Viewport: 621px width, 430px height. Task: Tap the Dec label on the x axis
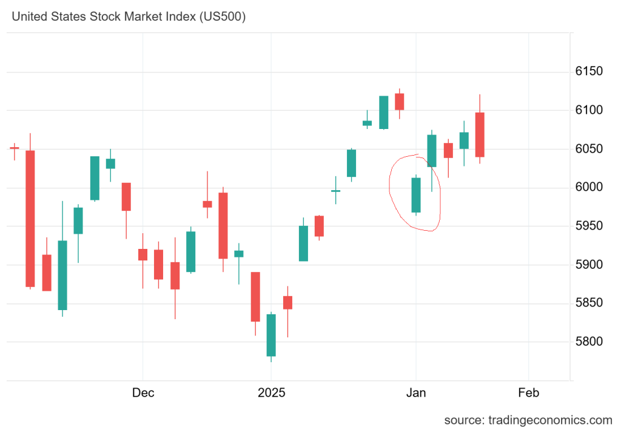tap(143, 393)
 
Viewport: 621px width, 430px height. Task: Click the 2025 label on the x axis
tap(272, 393)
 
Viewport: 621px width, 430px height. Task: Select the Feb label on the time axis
tap(528, 393)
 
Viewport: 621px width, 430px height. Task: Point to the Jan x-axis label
tap(416, 393)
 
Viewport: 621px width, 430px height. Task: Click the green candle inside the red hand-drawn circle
tap(416, 195)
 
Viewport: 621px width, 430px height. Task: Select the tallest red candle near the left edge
tap(30, 218)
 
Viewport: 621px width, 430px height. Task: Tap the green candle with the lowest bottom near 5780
tap(271, 335)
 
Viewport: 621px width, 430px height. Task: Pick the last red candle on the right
tap(480, 134)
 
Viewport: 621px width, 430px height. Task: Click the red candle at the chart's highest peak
tap(400, 101)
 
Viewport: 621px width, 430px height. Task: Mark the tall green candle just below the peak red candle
tap(384, 112)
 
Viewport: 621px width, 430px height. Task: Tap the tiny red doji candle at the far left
tap(14, 148)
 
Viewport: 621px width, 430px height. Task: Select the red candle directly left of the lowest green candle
tap(255, 297)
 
